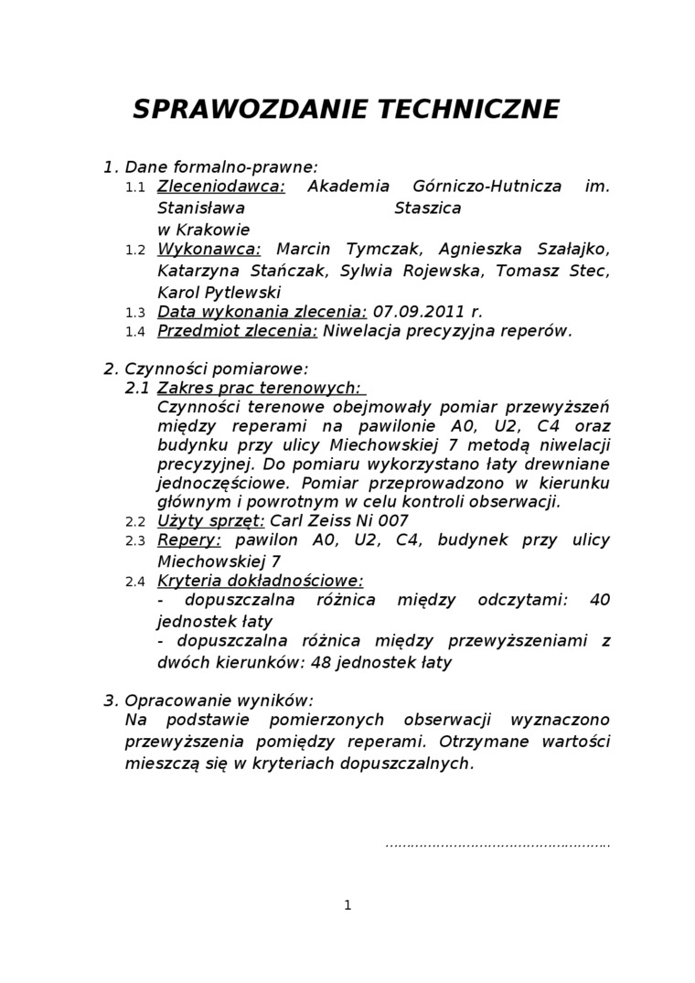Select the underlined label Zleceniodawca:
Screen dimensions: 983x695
pyautogui.click(x=221, y=187)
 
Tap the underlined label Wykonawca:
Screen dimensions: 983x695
pyautogui.click(x=209, y=250)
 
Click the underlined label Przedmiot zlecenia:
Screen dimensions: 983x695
pyautogui.click(x=238, y=331)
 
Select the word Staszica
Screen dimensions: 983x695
pyautogui.click(x=427, y=208)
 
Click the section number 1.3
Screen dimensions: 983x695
pyautogui.click(x=135, y=313)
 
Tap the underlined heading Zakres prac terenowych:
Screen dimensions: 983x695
pyautogui.click(x=259, y=389)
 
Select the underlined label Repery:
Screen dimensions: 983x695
pyautogui.click(x=190, y=540)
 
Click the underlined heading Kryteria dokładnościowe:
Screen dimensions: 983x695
pyautogui.click(x=261, y=581)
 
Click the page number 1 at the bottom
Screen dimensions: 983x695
pyautogui.click(x=347, y=905)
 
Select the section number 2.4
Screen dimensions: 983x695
pyautogui.click(x=135, y=582)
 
